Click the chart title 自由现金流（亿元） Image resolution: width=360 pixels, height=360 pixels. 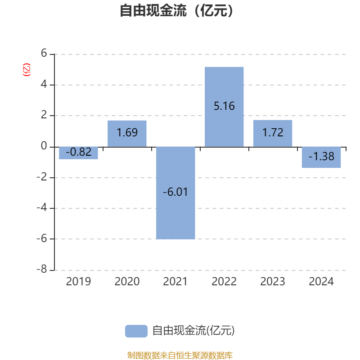pyautogui.click(x=176, y=10)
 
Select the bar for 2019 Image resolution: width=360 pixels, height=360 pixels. pyautogui.click(x=78, y=153)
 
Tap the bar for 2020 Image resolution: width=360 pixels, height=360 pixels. pyautogui.click(x=127, y=134)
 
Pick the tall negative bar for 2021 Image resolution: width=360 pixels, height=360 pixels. pyautogui.click(x=175, y=193)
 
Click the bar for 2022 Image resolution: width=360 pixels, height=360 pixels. pyautogui.click(x=224, y=107)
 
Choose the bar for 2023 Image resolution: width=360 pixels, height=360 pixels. pyautogui.click(x=273, y=133)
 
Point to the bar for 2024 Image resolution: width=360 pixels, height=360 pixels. pyautogui.click(x=321, y=157)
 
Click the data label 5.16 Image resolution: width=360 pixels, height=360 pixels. pyautogui.click(x=224, y=106)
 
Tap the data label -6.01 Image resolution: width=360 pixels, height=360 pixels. pyautogui.click(x=175, y=192)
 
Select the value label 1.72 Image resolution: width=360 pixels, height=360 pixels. pyautogui.click(x=273, y=132)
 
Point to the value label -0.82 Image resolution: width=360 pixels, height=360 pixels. pyautogui.click(x=79, y=152)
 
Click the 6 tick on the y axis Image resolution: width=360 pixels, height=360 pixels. pyautogui.click(x=44, y=53)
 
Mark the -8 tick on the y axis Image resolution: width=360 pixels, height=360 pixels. pyautogui.click(x=42, y=269)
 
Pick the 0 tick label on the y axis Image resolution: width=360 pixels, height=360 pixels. pyautogui.click(x=44, y=146)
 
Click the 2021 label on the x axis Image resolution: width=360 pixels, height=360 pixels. pyautogui.click(x=175, y=282)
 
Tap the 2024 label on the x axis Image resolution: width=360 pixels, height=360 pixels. pyautogui.click(x=321, y=282)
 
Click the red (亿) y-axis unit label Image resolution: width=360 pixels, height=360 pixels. pyautogui.click(x=27, y=70)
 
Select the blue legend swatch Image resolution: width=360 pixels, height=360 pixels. pyautogui.click(x=136, y=331)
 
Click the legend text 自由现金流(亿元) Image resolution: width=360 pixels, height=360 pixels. pyautogui.click(x=193, y=331)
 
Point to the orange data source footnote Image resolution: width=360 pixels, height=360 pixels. pyautogui.click(x=180, y=355)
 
